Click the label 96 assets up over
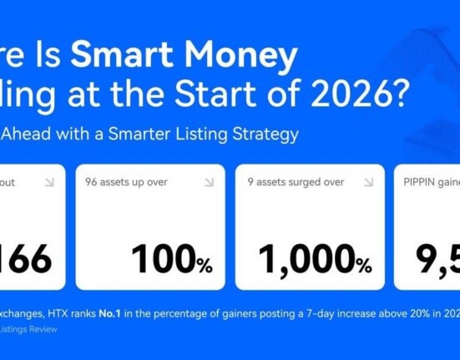pos(126,180)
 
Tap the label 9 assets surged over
pos(294,180)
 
